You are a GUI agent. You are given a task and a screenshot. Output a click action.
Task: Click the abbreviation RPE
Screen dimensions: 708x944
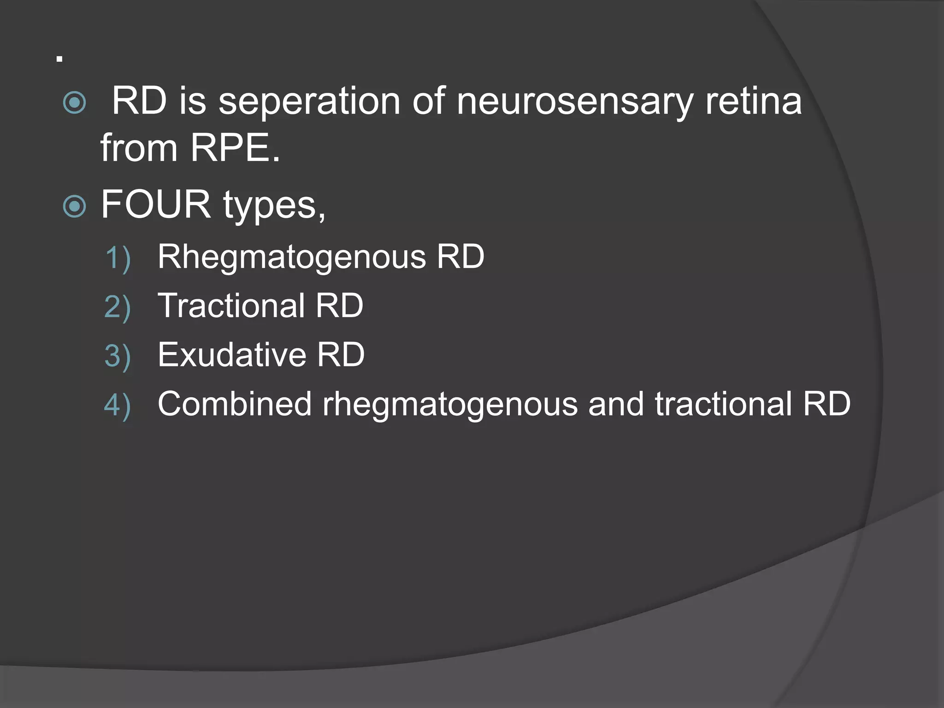point(235,148)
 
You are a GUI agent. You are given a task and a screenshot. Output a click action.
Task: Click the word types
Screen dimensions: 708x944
point(274,205)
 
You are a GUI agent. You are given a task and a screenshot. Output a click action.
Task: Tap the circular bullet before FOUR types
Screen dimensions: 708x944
point(74,206)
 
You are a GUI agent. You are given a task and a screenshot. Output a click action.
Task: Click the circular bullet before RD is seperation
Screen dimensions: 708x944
point(74,102)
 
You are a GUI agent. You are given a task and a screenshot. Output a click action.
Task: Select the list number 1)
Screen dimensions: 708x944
point(118,258)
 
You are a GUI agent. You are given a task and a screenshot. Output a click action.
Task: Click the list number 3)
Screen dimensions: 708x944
point(118,356)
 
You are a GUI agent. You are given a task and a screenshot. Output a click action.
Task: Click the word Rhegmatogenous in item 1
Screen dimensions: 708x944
point(291,257)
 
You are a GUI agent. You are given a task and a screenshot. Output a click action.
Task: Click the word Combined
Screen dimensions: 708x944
point(235,404)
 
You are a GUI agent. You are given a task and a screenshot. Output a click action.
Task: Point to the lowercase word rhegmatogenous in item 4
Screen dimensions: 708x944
point(450,405)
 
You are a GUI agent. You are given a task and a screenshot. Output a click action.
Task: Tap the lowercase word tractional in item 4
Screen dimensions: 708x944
point(723,404)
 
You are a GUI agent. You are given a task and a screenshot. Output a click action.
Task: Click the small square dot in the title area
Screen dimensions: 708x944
point(59,59)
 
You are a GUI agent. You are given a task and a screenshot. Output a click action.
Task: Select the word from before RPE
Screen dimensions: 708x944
point(139,148)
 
